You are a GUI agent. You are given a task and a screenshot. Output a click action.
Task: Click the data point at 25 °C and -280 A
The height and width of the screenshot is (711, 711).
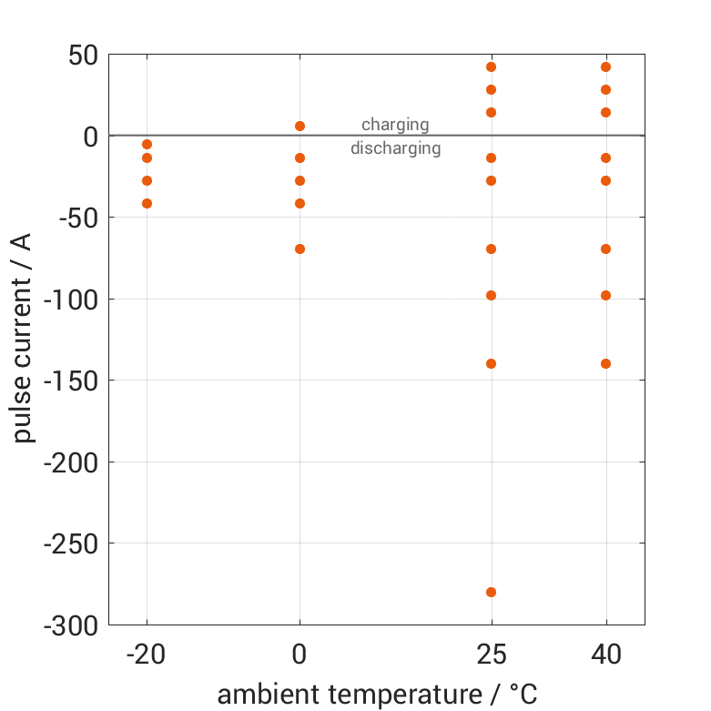tap(491, 592)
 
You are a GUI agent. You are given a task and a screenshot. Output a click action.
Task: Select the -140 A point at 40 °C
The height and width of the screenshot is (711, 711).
tap(605, 363)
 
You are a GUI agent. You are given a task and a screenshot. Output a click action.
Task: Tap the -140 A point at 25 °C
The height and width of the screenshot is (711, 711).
tap(491, 363)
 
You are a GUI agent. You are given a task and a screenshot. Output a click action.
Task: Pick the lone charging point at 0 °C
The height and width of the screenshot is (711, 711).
tap(300, 126)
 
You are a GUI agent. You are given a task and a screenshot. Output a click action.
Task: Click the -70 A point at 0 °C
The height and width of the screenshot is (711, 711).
tap(300, 249)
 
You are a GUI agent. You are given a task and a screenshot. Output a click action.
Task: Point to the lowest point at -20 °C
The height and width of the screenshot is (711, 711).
tap(147, 203)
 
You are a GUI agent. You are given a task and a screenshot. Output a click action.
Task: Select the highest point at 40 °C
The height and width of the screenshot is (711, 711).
tap(605, 66)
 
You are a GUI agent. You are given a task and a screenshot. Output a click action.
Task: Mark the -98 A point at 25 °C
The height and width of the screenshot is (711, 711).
tap(491, 295)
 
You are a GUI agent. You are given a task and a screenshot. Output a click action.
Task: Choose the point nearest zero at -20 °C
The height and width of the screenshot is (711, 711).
tap(147, 144)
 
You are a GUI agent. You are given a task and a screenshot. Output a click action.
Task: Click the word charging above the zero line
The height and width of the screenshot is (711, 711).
tap(395, 125)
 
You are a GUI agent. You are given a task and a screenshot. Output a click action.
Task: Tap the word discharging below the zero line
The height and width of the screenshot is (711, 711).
tap(396, 148)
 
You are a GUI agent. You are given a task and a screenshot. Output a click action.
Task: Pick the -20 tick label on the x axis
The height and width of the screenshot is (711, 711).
tap(147, 655)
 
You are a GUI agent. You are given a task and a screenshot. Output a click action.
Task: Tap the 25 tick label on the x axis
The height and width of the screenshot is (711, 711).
tap(492, 655)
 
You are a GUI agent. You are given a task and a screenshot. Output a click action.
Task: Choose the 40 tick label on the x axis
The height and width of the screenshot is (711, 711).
tap(606, 655)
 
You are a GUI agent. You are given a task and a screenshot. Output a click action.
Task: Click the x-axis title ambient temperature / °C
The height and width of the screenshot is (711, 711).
tap(377, 695)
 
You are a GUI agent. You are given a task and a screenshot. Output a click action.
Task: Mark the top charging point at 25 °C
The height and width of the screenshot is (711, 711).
tap(491, 66)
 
